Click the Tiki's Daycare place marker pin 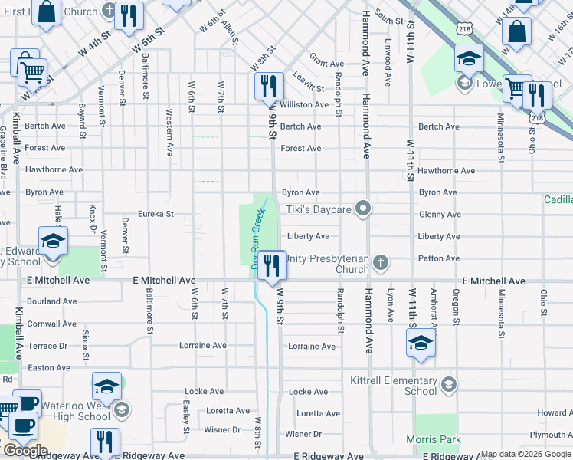[364, 209]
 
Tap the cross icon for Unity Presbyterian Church [381, 264]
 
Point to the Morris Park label [434, 439]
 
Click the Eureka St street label [156, 214]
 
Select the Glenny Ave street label [439, 215]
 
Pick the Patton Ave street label [439, 258]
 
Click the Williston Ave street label [304, 104]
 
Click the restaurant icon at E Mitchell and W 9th [271, 265]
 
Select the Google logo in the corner [25, 451]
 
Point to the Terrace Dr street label [47, 346]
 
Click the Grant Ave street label [326, 64]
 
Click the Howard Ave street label [554, 412]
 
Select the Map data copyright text [526, 454]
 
